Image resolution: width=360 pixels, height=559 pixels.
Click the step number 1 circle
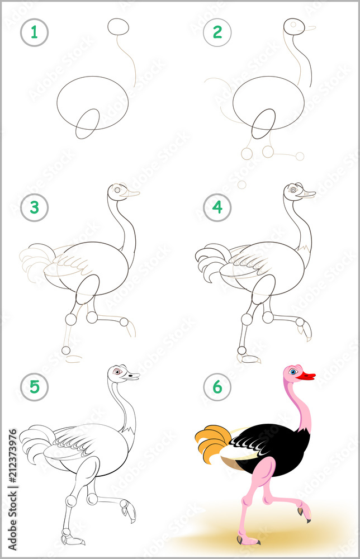click(x=34, y=32)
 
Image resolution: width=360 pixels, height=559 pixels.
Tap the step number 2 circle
click(x=217, y=32)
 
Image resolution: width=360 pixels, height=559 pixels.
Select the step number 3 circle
click(x=34, y=208)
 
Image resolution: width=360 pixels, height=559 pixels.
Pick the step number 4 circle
click(x=217, y=208)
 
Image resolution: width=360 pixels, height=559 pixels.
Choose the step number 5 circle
click(x=34, y=387)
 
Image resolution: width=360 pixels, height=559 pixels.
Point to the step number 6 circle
click(x=217, y=387)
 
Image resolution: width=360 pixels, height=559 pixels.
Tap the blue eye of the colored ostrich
click(x=293, y=371)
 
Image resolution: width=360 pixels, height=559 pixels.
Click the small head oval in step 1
click(x=118, y=26)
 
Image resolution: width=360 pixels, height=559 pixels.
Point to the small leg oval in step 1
click(x=87, y=124)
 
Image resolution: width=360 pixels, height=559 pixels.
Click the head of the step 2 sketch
click(x=295, y=26)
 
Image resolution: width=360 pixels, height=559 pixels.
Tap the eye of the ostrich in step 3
click(x=117, y=190)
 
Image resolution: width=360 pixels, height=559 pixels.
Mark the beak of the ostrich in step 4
click(x=308, y=194)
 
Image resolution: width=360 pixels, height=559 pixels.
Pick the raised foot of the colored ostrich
click(x=305, y=512)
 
